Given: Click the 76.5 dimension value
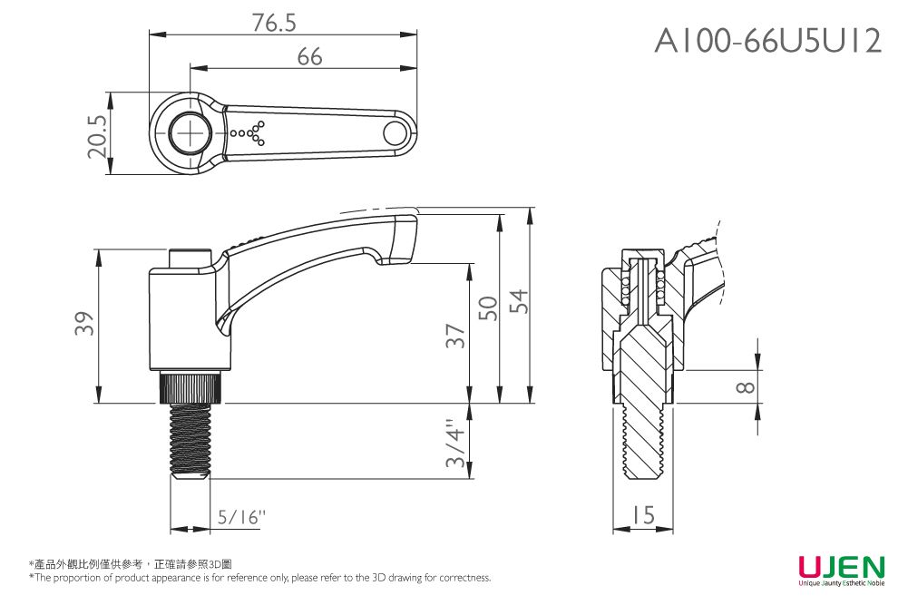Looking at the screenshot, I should [274, 23].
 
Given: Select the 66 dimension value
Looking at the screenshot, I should [309, 57].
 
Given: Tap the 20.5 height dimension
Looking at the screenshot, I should [99, 134].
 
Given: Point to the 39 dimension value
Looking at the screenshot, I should [85, 324].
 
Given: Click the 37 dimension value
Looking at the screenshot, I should [456, 336].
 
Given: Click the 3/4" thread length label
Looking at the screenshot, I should [457, 443].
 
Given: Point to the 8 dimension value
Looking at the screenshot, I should [745, 387].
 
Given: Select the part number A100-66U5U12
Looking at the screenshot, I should [768, 41].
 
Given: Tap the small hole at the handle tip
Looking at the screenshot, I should [395, 133].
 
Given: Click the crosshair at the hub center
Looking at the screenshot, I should [191, 133].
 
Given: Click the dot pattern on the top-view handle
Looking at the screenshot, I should [249, 133].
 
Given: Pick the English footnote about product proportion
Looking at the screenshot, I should [260, 578].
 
